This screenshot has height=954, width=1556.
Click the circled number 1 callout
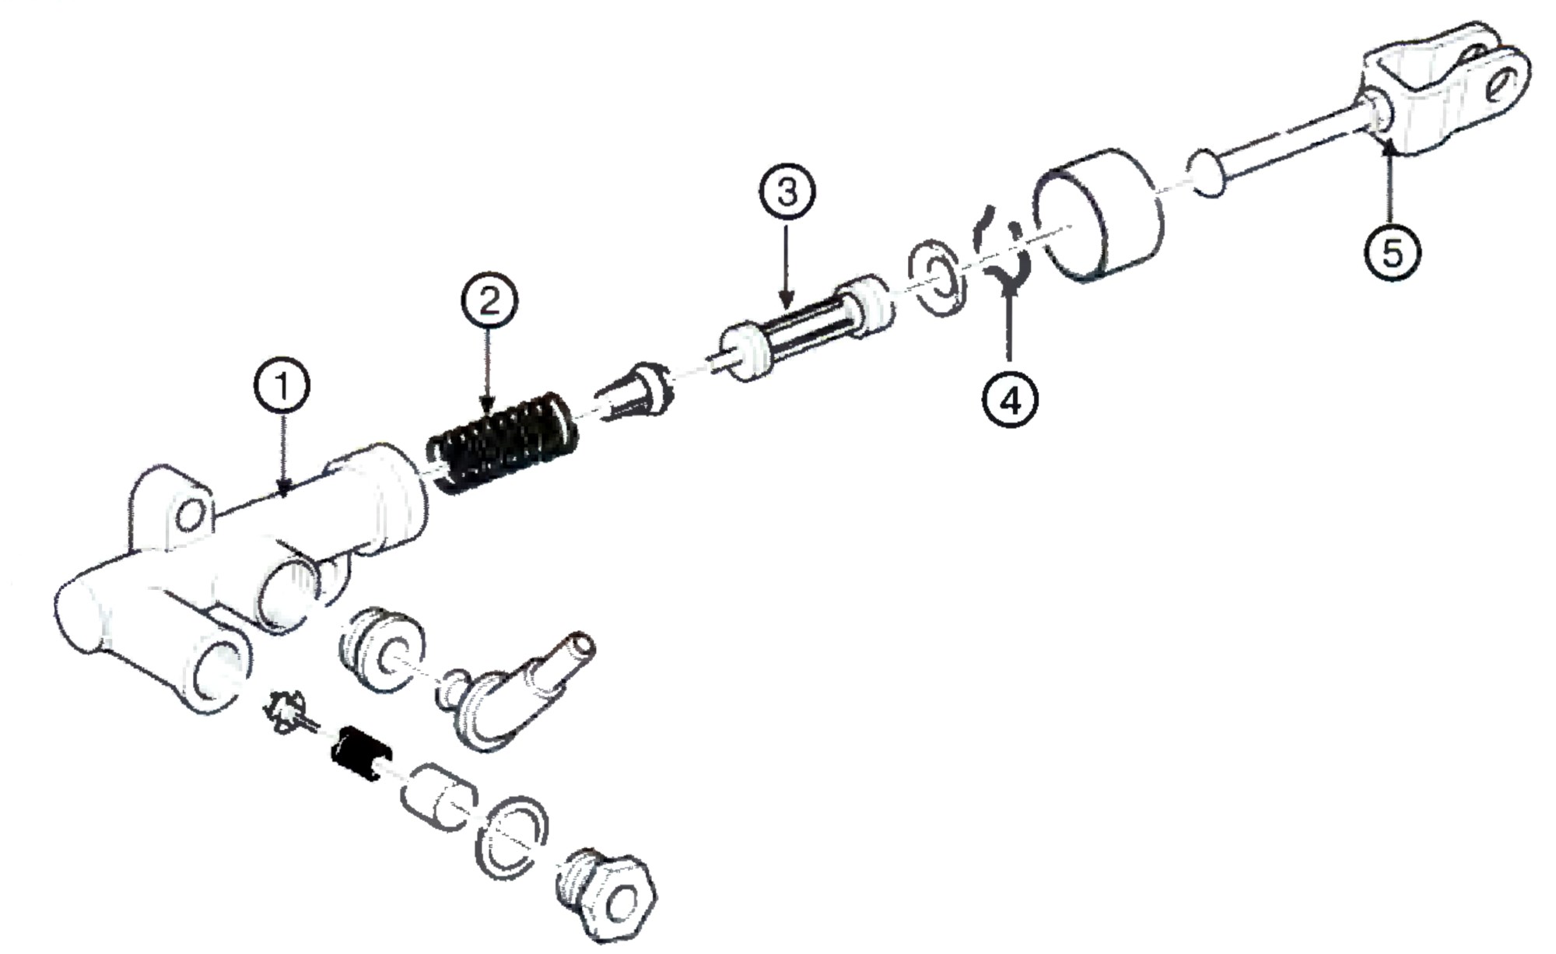(x=282, y=386)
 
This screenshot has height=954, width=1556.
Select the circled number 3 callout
(x=787, y=191)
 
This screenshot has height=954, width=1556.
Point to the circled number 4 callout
(x=1010, y=400)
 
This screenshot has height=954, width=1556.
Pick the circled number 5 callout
(x=1392, y=252)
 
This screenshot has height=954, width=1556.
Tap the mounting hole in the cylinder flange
(x=190, y=514)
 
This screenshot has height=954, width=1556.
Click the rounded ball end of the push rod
(x=1207, y=175)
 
